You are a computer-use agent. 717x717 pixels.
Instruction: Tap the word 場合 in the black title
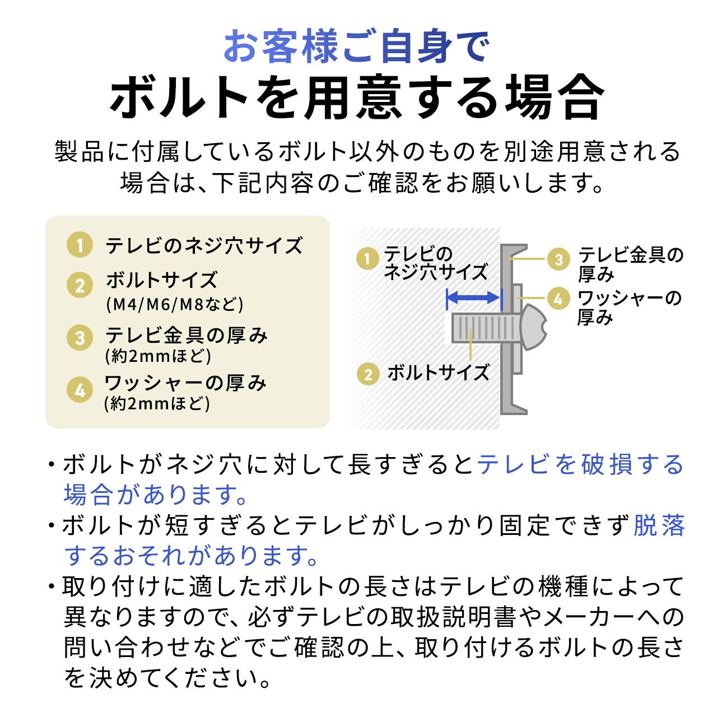pos(555,96)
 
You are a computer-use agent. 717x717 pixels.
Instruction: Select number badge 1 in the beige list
pos(80,246)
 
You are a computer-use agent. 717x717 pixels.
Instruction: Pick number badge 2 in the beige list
pos(80,286)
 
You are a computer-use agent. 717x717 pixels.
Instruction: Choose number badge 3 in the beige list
pos(80,338)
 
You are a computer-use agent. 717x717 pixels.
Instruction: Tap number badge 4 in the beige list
pos(80,390)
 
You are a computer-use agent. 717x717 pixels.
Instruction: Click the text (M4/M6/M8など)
pos(175,304)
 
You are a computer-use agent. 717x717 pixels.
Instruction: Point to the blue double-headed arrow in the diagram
pos(472,297)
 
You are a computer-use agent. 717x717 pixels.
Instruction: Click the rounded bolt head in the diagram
pos(533,328)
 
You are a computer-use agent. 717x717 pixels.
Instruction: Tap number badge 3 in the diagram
pos(558,259)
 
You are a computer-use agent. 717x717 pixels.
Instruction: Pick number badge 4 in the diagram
pos(558,299)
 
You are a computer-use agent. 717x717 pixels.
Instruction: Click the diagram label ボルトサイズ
pos(438,373)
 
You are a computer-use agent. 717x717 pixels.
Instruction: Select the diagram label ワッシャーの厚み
pos(629,307)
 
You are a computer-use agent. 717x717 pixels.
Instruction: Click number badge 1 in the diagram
pos(367,259)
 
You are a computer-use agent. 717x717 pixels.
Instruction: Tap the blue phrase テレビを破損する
pos(580,465)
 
